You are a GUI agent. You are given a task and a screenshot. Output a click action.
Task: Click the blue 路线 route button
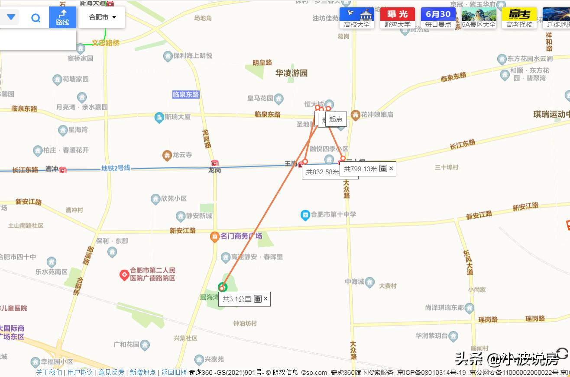pyautogui.click(x=62, y=17)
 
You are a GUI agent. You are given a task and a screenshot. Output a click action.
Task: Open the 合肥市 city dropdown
pyautogui.click(x=102, y=17)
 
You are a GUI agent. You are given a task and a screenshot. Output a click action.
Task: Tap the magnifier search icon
pyautogui.click(x=36, y=18)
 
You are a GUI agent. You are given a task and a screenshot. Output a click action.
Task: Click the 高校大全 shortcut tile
pyautogui.click(x=357, y=18)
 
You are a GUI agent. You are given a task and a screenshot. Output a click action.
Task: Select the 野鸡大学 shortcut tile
pyautogui.click(x=397, y=18)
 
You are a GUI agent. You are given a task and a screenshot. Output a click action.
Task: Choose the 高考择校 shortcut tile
pyautogui.click(x=519, y=18)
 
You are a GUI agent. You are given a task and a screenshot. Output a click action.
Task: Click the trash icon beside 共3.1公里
pyautogui.click(x=258, y=298)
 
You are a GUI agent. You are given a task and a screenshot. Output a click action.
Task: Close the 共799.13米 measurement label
pyautogui.click(x=391, y=168)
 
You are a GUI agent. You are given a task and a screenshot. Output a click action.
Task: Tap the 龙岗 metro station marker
pyautogui.click(x=215, y=163)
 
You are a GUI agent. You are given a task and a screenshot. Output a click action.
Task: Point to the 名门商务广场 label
pyautogui.click(x=241, y=236)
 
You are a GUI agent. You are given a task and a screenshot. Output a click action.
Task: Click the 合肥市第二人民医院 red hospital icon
pyautogui.click(x=124, y=274)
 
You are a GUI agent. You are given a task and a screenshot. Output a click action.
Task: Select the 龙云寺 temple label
pyautogui.click(x=182, y=155)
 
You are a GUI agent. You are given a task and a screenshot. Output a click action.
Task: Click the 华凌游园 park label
pyautogui.click(x=291, y=73)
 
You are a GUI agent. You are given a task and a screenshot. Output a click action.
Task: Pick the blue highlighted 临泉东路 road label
pyautogui.click(x=186, y=94)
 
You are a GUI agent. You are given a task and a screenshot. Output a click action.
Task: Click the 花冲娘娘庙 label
pyautogui.click(x=377, y=115)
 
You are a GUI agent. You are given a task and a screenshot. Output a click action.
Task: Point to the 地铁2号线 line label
pyautogui.click(x=116, y=168)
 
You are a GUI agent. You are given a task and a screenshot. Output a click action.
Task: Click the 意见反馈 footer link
pyautogui.click(x=111, y=372)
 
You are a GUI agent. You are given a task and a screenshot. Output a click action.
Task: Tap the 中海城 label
pyautogui.click(x=354, y=281)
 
